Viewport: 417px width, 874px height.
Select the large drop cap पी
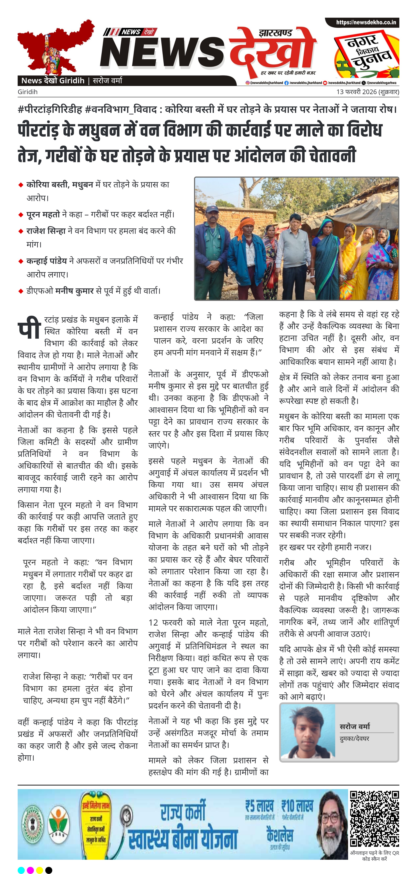(29, 328)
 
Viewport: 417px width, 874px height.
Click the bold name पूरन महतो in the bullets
(43, 214)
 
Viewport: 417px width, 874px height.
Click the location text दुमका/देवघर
(354, 738)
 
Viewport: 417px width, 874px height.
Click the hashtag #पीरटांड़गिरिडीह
(50, 110)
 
